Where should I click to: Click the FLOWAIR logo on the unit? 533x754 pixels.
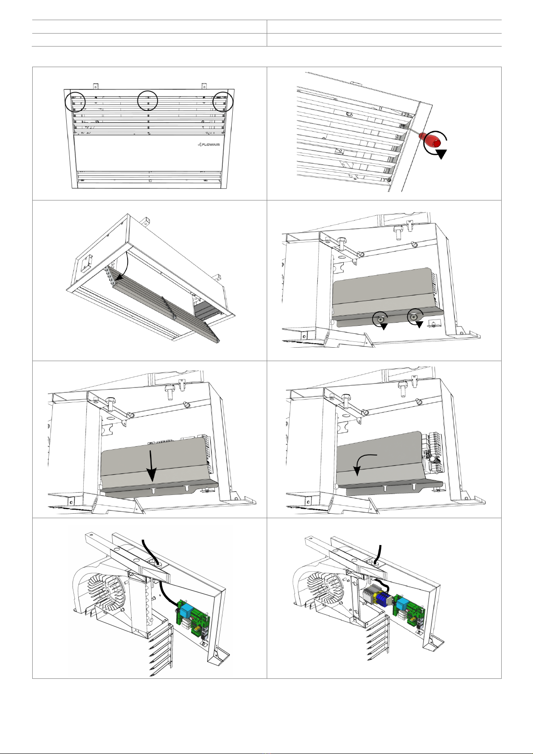coord(209,145)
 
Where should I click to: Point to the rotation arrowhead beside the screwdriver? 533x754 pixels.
coord(440,154)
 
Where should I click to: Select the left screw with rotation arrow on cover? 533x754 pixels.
coord(381,320)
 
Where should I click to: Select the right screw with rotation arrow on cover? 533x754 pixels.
coord(415,318)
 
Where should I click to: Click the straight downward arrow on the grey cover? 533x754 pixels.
coord(152,466)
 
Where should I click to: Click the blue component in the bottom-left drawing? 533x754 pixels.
coord(186,610)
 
